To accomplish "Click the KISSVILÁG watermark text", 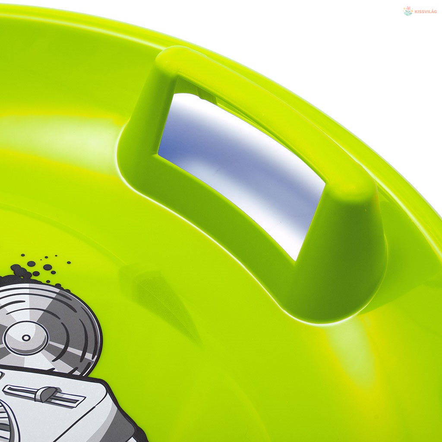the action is point(426,12).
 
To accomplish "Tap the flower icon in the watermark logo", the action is point(408,11).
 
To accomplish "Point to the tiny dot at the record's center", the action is point(26,338).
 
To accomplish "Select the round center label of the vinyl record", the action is point(26,338).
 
